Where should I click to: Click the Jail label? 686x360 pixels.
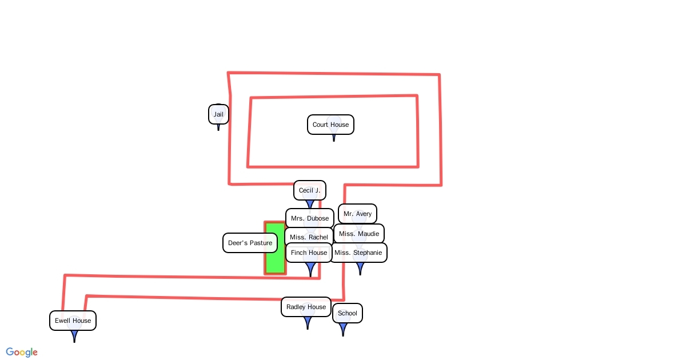pos(218,114)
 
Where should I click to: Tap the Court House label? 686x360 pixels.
pos(330,125)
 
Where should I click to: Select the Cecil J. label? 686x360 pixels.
pos(309,190)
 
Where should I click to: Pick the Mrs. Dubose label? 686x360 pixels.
pos(309,218)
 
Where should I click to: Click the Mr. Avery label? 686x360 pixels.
pos(357,214)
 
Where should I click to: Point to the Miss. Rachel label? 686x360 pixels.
pos(309,237)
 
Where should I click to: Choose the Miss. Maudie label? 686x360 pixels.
pos(358,234)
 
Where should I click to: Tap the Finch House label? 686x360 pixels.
pos(309,253)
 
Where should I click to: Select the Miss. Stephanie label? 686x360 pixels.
pos(358,253)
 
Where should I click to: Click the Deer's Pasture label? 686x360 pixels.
pos(250,243)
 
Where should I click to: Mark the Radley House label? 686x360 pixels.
pos(306,307)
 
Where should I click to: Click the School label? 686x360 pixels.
pos(347,313)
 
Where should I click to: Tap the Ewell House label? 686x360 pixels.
pos(73,321)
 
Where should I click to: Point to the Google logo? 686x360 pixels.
pos(22,352)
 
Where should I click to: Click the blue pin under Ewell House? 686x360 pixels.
pos(74,336)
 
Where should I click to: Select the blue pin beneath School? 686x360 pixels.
pos(343,329)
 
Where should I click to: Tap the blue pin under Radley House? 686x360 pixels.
pos(308,323)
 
